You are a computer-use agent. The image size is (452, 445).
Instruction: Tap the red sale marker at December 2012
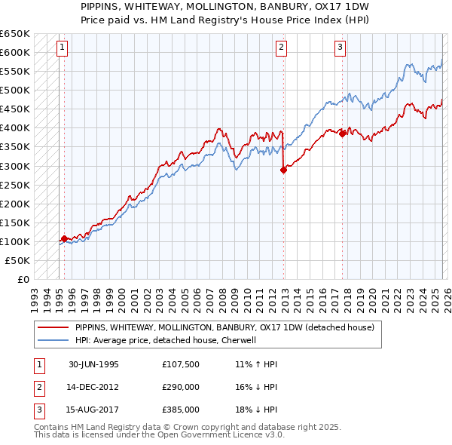pyautogui.click(x=284, y=170)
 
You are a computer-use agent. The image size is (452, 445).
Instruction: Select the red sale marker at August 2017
pyautogui.click(x=343, y=134)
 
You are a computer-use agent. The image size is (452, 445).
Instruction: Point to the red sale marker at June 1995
pyautogui.click(x=64, y=238)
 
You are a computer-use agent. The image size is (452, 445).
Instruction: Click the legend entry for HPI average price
pyautogui.click(x=166, y=340)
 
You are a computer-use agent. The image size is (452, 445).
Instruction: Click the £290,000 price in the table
pyautogui.click(x=181, y=387)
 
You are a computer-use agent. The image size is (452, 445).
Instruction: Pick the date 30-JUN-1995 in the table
pyautogui.click(x=93, y=364)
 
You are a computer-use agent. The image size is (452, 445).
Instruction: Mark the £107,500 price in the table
pyautogui.click(x=181, y=364)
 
